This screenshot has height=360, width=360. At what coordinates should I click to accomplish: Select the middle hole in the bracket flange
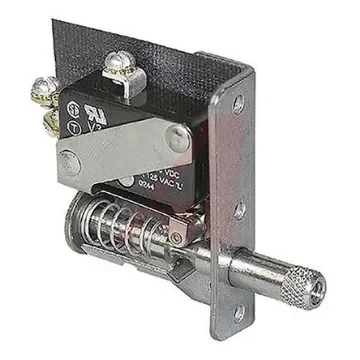240,210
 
